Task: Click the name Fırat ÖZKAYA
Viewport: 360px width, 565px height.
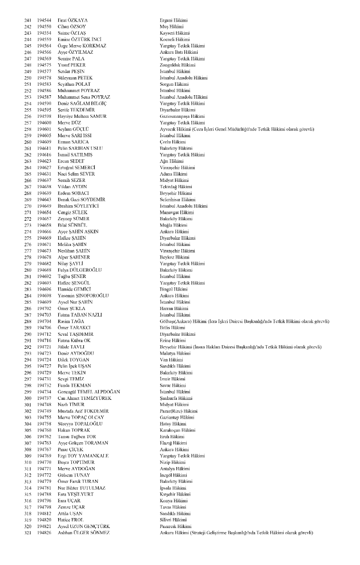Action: pos(73,21)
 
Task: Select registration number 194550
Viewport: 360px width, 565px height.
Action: pos(44,27)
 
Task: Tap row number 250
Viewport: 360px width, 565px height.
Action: pos(28,78)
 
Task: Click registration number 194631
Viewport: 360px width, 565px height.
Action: pos(44,174)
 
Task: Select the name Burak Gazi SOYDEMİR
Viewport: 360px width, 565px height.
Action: pos(81,199)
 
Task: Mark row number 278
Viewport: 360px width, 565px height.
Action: pos(28,256)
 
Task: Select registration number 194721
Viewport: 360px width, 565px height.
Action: pos(44,346)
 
